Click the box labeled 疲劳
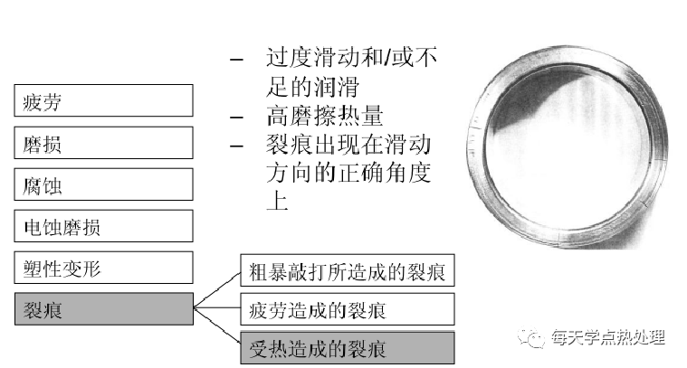tap(104, 101)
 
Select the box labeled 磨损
tap(104, 144)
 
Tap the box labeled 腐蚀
tap(104, 185)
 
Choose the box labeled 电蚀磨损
tap(104, 226)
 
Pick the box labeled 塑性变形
tap(104, 268)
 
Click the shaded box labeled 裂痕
tap(104, 309)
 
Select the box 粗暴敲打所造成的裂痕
tap(347, 270)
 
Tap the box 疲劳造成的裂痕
tap(347, 309)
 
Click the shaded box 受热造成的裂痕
tap(347, 348)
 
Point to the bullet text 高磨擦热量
tap(324, 117)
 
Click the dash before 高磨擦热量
tap(236, 118)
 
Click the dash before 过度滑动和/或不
tap(236, 61)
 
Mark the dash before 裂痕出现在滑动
tap(236, 146)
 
